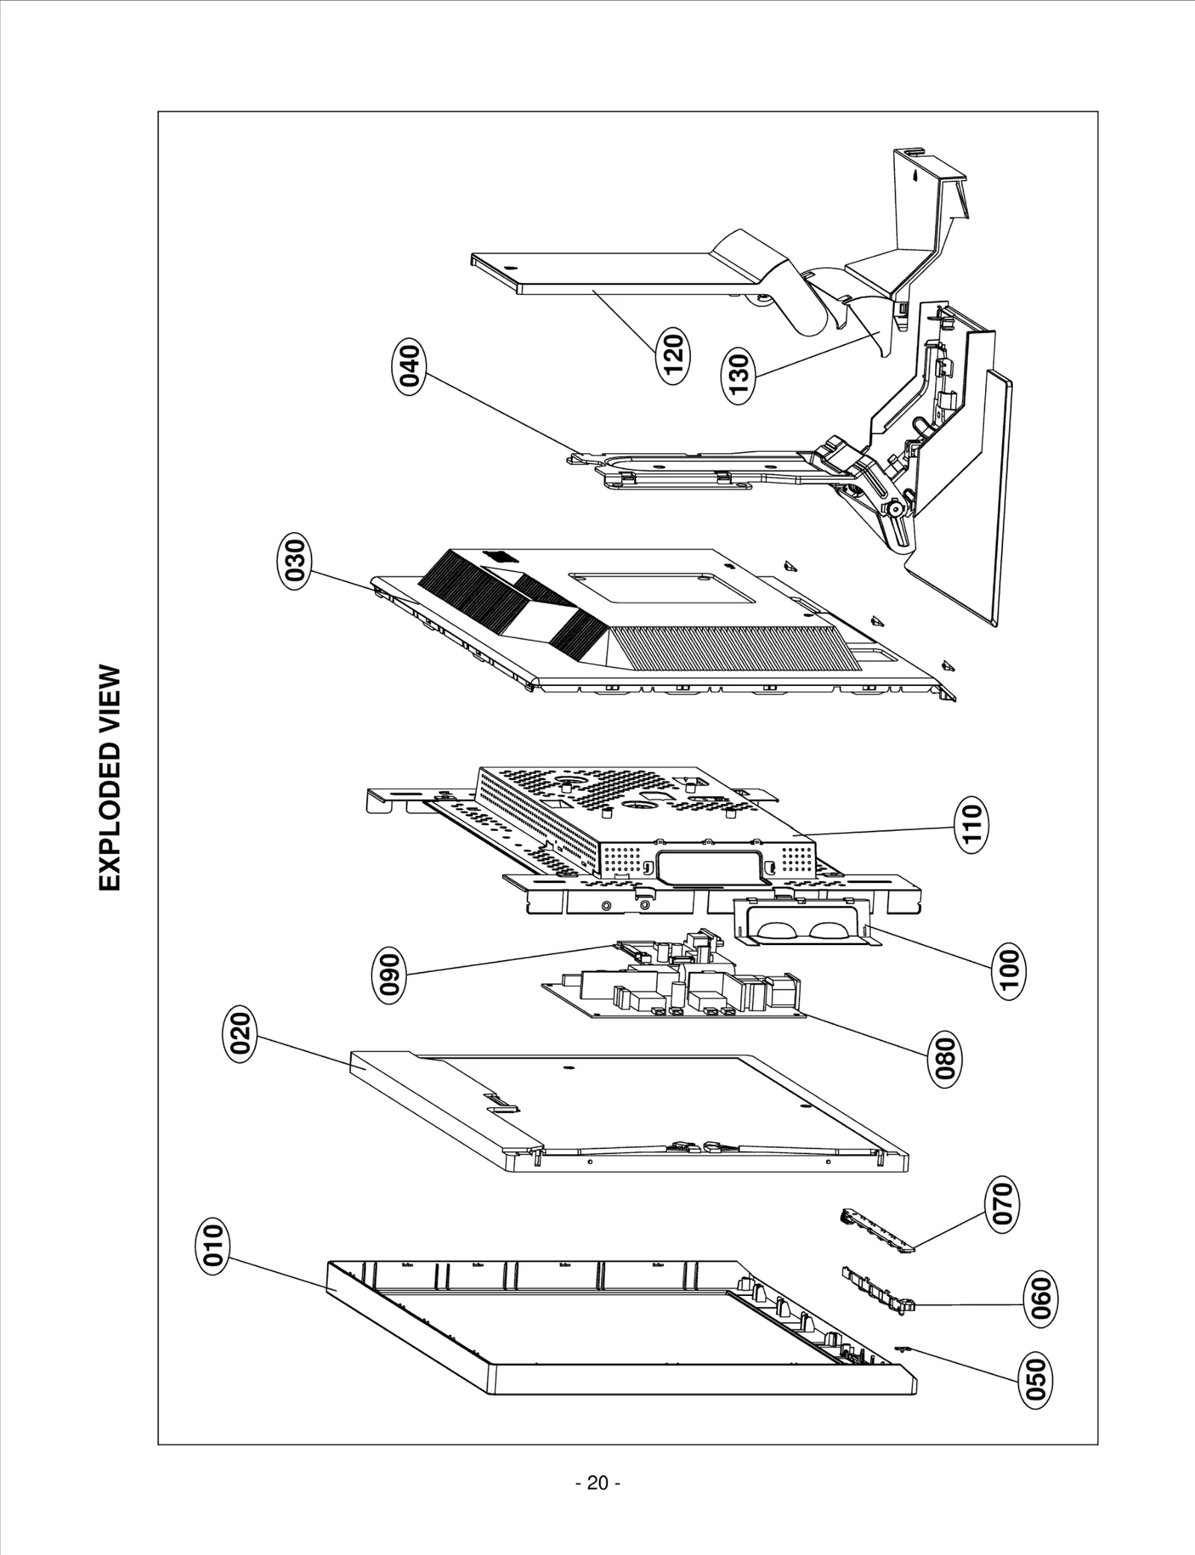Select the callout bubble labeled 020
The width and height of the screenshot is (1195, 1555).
[240, 1032]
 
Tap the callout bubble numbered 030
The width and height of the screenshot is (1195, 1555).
[291, 564]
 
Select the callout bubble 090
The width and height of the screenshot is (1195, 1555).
[390, 973]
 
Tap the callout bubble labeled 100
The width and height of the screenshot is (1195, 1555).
[1008, 968]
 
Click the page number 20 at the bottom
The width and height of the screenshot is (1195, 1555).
[597, 1483]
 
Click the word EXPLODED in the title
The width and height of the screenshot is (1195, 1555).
[110, 817]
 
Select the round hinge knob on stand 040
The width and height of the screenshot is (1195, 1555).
[894, 509]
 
